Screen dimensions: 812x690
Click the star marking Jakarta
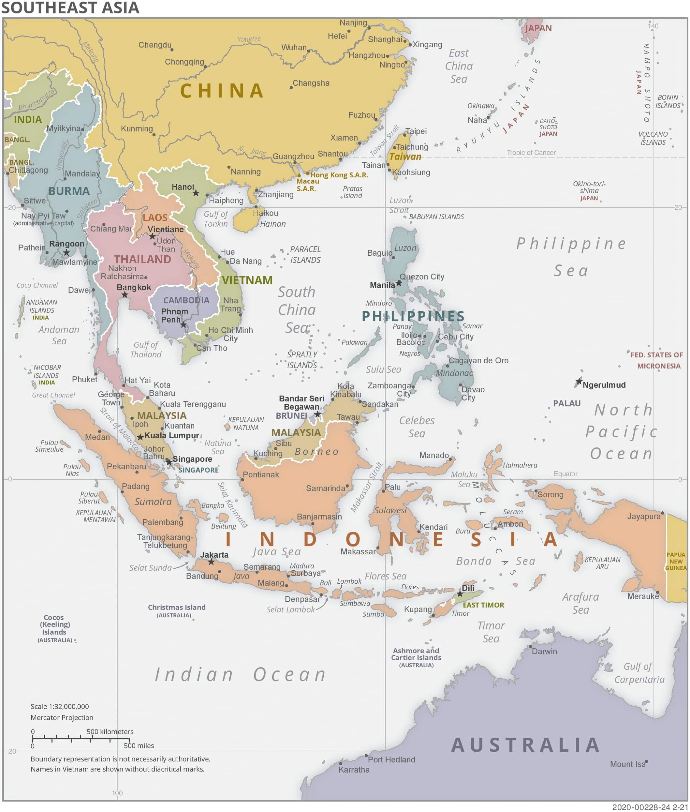(x=211, y=562)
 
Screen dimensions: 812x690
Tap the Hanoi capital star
(x=196, y=193)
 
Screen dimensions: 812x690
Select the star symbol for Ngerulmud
(x=579, y=381)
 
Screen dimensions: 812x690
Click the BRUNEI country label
(x=291, y=415)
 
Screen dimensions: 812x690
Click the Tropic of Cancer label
(x=531, y=153)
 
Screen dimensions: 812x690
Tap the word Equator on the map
(x=565, y=474)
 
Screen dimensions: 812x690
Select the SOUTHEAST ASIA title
(x=70, y=8)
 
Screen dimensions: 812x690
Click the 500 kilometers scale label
(x=110, y=731)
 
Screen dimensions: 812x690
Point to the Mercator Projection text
(x=62, y=717)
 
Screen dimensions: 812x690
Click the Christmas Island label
(x=176, y=607)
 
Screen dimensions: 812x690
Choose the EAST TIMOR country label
(x=483, y=605)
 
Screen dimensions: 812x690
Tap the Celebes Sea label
(x=417, y=427)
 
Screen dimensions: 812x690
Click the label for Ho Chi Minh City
(x=230, y=334)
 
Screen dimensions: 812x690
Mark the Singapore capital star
(x=169, y=462)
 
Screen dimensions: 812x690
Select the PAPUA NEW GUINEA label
(x=676, y=561)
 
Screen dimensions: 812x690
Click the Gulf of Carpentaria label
(x=639, y=673)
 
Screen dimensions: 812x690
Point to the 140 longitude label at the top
(x=653, y=26)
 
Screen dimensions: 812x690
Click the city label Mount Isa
(x=627, y=764)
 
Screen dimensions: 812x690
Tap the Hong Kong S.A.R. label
(x=339, y=175)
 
